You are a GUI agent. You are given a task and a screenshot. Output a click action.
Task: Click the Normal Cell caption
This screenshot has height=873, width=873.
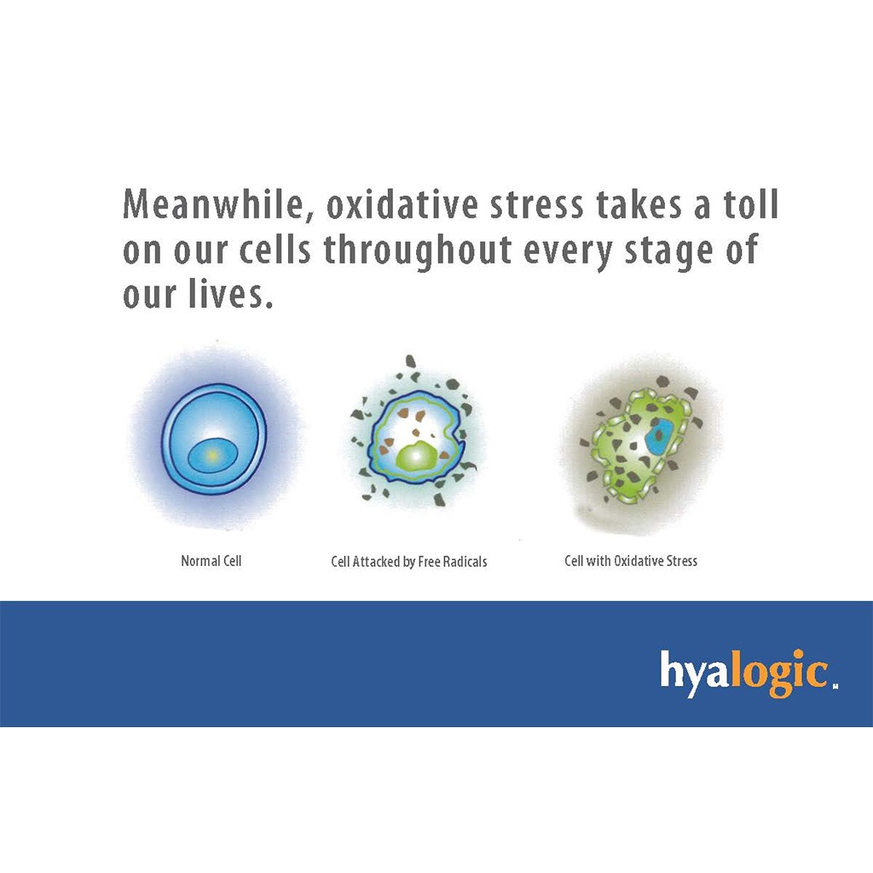(211, 561)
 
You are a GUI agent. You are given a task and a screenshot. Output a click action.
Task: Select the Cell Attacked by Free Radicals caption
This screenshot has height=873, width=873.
(408, 562)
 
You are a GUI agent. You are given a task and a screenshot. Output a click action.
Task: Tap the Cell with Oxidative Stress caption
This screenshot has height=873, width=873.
(631, 561)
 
